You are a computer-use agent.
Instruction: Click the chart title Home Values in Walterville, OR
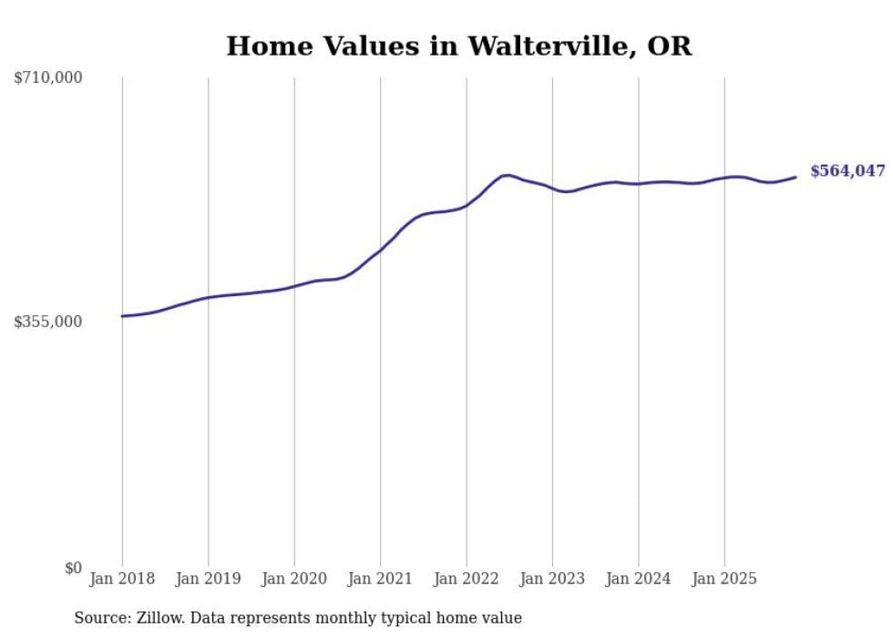click(x=458, y=46)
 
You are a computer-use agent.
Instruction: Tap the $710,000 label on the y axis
click(x=48, y=78)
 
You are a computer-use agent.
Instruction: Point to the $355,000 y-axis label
click(x=48, y=322)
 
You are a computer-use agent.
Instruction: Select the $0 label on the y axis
click(x=73, y=568)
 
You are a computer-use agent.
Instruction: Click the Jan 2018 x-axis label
click(x=122, y=579)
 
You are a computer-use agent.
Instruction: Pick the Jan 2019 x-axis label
click(x=208, y=579)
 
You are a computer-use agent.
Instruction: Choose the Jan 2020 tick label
click(x=294, y=579)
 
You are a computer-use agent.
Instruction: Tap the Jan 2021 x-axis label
click(x=380, y=579)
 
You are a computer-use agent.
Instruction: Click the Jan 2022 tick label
click(x=467, y=579)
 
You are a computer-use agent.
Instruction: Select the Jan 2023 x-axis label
click(x=552, y=579)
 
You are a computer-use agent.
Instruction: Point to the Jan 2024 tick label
click(x=639, y=579)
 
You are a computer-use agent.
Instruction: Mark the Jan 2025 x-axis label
click(x=724, y=579)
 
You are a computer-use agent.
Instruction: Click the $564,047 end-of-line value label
click(x=847, y=171)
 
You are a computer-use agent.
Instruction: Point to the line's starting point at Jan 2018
click(x=122, y=316)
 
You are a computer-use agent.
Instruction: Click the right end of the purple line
click(x=795, y=177)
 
